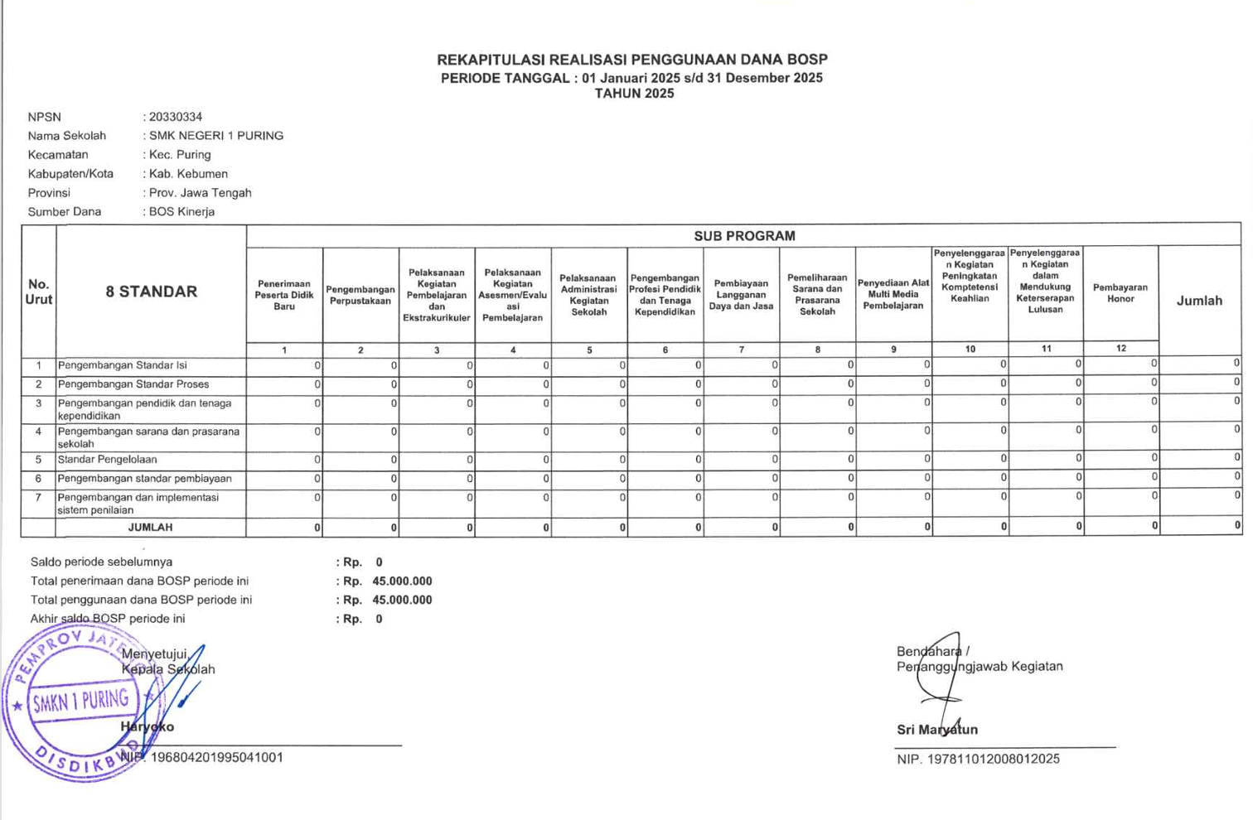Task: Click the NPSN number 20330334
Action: (x=176, y=117)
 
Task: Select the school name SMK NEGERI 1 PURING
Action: (x=216, y=136)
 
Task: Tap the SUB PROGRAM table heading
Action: (x=744, y=236)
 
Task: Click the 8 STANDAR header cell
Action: (x=151, y=292)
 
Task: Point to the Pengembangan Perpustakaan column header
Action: (x=360, y=296)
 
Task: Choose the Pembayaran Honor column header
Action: (x=1120, y=293)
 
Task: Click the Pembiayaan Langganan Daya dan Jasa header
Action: (x=741, y=295)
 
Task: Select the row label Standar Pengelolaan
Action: (x=107, y=460)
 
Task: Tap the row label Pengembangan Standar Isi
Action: (x=122, y=365)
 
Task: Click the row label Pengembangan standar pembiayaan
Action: (x=144, y=479)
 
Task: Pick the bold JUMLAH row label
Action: (x=150, y=528)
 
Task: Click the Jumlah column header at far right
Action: (x=1199, y=301)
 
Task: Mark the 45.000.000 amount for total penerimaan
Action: (x=402, y=581)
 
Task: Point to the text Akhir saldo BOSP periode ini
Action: (x=108, y=619)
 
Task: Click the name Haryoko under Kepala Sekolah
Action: (x=148, y=727)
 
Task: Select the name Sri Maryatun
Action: (x=937, y=730)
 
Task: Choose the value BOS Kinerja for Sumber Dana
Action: (x=181, y=212)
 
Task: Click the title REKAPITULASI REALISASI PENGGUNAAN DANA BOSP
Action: (x=632, y=60)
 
